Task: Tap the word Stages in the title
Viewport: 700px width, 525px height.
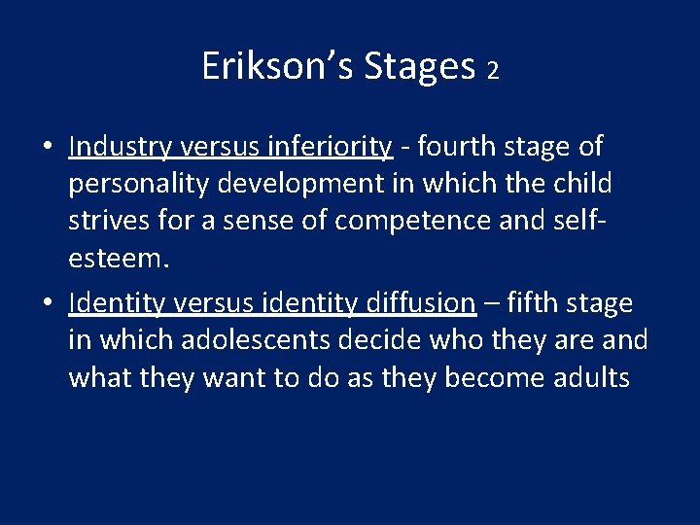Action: coord(419,66)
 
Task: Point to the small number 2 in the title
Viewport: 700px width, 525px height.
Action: coord(493,71)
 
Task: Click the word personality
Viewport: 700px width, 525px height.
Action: coord(139,184)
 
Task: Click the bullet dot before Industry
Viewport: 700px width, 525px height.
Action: coord(47,148)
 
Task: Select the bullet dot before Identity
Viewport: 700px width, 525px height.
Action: coord(47,304)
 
